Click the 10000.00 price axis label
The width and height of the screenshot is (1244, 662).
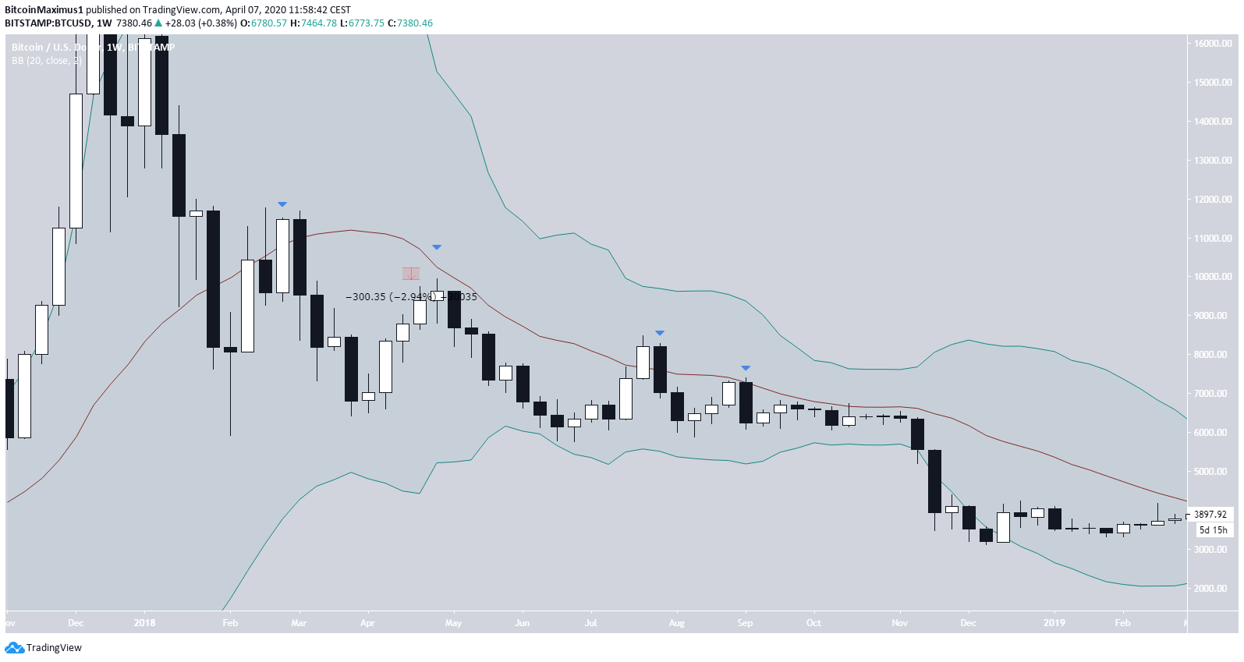[1213, 277]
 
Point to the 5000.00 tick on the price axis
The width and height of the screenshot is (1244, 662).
[1213, 472]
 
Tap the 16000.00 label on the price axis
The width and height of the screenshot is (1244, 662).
[1213, 44]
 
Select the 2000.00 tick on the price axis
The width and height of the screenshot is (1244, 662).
[1213, 589]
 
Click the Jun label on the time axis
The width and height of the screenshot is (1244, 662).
[523, 623]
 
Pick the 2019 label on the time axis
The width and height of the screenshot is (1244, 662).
[1054, 623]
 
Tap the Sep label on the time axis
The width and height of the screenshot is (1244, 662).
[745, 623]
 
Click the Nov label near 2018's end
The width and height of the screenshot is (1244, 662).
[899, 623]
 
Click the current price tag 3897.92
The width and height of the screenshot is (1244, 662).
[1210, 515]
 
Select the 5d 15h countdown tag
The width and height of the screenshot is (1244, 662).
[1213, 530]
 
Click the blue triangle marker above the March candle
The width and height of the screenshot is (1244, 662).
[282, 204]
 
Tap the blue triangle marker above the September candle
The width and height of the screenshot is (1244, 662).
[746, 368]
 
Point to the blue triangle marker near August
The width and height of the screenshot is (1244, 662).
[660, 333]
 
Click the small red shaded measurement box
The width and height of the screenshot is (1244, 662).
[411, 274]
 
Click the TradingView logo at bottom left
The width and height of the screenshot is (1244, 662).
[44, 648]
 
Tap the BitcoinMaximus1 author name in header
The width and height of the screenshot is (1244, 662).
[44, 9]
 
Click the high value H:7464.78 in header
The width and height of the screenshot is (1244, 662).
[314, 23]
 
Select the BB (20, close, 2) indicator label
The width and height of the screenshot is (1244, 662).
[47, 61]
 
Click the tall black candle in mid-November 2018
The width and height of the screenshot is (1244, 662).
[934, 481]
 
